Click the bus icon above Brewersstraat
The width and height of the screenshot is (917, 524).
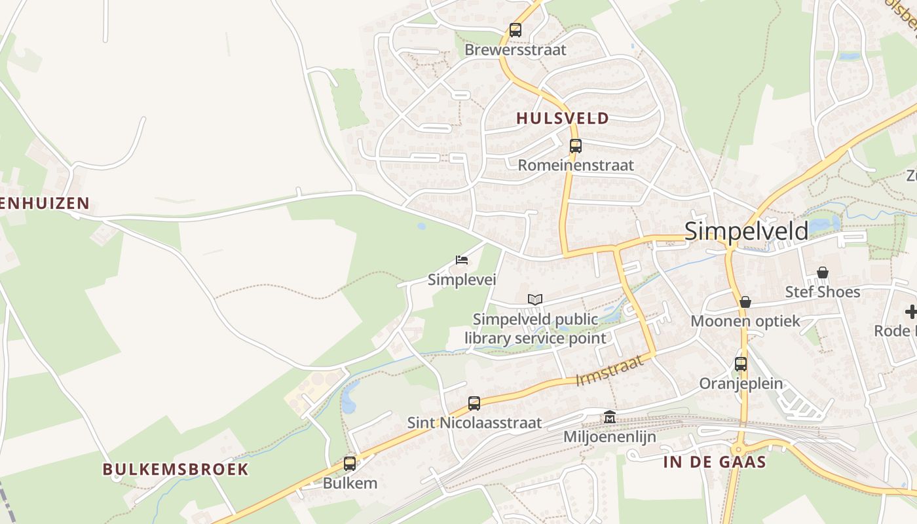[x=515, y=30]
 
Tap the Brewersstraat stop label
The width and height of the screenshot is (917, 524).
[x=515, y=50]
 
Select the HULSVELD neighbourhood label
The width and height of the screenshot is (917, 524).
[x=563, y=119]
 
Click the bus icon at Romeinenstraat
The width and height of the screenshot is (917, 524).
[x=576, y=146]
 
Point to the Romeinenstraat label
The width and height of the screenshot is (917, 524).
[x=576, y=165]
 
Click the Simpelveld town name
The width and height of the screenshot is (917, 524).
[x=746, y=231]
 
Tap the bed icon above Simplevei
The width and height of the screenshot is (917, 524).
[x=462, y=260]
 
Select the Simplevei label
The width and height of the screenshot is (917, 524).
[x=462, y=280]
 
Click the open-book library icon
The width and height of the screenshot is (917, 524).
[x=535, y=300]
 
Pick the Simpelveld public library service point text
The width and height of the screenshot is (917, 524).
[x=535, y=329]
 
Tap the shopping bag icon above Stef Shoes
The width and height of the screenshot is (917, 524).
[x=823, y=272]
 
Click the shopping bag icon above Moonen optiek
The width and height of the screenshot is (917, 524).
[x=745, y=302]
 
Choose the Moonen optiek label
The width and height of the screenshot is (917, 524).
[x=745, y=321]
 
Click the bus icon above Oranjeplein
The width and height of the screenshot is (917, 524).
[x=741, y=364]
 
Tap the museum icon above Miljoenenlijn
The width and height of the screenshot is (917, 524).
[x=610, y=417]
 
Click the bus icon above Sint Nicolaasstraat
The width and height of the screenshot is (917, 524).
[x=474, y=403]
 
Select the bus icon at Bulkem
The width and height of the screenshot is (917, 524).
[x=350, y=464]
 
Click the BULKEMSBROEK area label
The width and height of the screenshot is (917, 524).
[x=176, y=469]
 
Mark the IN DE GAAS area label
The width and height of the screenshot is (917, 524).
[x=715, y=462]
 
